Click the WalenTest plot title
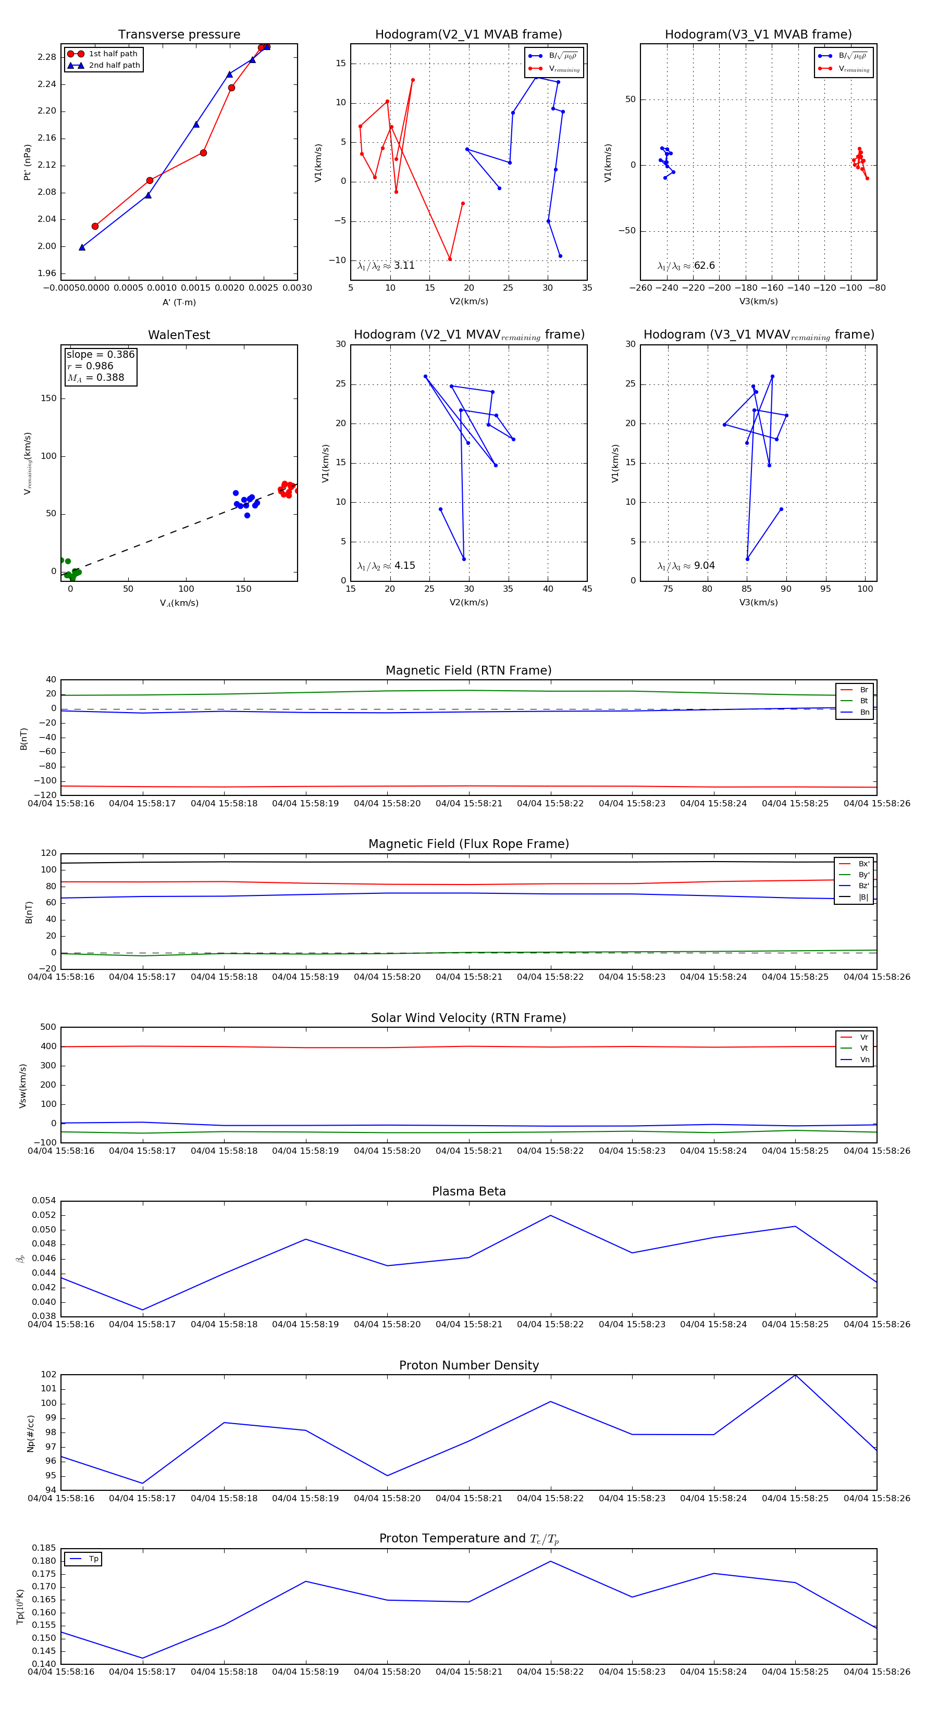[x=179, y=335]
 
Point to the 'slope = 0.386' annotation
[x=100, y=354]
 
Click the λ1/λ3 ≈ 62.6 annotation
[x=686, y=266]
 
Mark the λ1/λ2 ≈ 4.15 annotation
[x=386, y=566]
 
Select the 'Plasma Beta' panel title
[x=468, y=1191]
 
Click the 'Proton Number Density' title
[x=468, y=1365]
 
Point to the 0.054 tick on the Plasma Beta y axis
[x=44, y=1201]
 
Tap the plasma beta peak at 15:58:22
[x=551, y=1215]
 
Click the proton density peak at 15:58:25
[x=795, y=1375]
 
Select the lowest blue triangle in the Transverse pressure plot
[x=82, y=247]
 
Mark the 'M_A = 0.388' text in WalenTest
[x=95, y=378]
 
